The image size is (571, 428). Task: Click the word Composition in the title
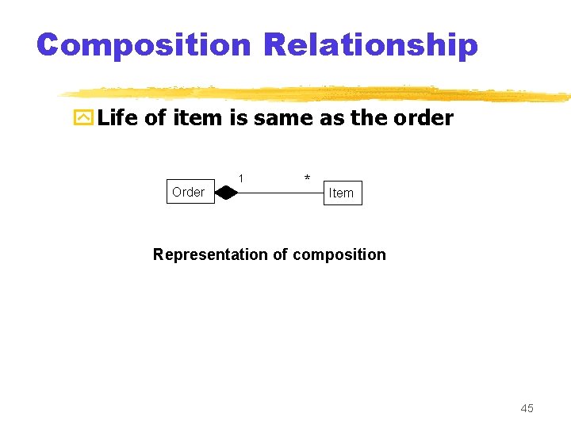click(x=144, y=45)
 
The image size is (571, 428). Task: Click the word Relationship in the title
click(x=371, y=45)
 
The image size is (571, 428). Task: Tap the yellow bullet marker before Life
click(x=83, y=119)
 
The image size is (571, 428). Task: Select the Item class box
click(x=343, y=193)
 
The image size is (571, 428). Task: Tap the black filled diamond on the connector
click(x=226, y=193)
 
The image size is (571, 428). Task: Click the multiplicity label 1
click(x=241, y=178)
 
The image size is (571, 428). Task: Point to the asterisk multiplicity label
click(x=307, y=178)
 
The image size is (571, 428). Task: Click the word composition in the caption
click(x=339, y=254)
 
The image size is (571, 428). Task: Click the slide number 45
click(x=527, y=408)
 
